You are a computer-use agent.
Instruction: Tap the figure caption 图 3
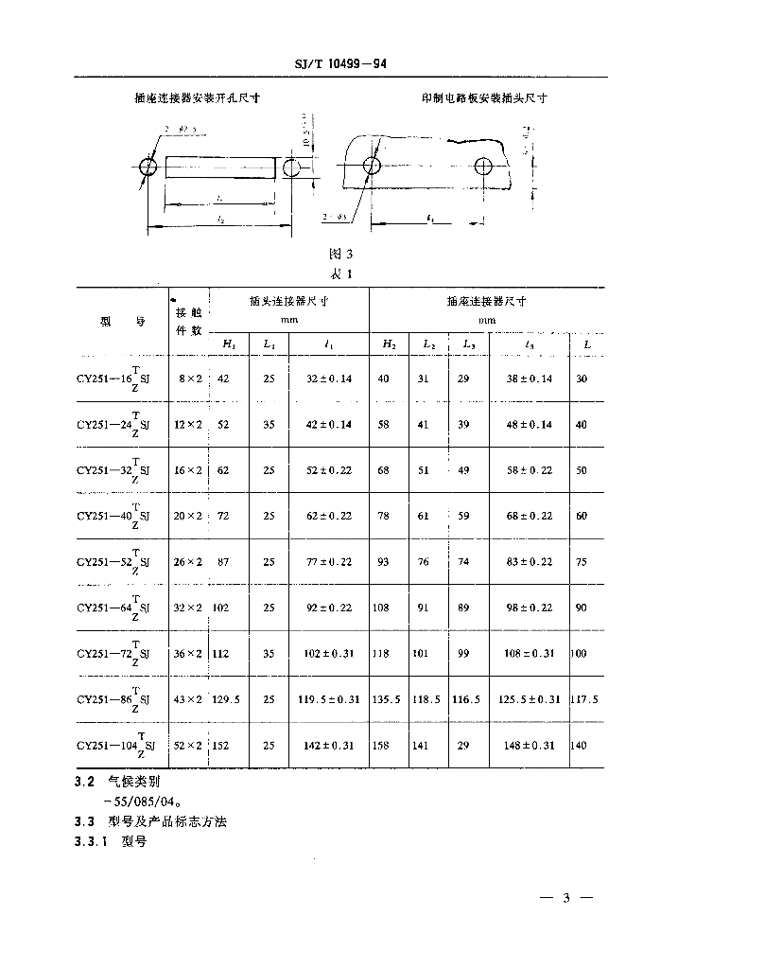click(339, 254)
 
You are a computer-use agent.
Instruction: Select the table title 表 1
click(339, 273)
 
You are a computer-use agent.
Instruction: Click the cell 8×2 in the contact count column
click(189, 379)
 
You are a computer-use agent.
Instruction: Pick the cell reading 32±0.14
click(327, 379)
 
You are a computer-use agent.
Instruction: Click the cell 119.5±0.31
click(327, 699)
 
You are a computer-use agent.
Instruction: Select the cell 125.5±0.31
click(529, 699)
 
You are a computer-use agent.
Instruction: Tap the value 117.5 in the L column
click(586, 699)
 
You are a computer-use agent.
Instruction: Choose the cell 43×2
click(189, 699)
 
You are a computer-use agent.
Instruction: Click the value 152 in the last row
click(223, 746)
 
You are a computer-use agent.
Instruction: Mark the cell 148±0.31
click(529, 746)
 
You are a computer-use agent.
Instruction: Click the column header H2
click(389, 344)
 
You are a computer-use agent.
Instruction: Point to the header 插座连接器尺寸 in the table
click(486, 302)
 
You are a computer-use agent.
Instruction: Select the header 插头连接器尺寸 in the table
click(287, 302)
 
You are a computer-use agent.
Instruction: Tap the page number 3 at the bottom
click(566, 898)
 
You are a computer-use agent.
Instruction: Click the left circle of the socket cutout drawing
click(148, 167)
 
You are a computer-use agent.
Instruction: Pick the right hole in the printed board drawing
click(484, 167)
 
